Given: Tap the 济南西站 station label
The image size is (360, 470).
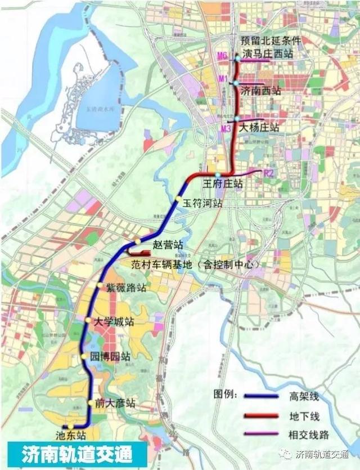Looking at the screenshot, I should (x=260, y=90).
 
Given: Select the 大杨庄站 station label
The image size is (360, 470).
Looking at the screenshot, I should (x=259, y=128).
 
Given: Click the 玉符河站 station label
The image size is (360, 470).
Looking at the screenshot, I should (x=202, y=204).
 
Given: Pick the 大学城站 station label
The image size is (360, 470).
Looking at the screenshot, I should (x=114, y=323).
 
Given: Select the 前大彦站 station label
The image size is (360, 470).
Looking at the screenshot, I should (x=115, y=403).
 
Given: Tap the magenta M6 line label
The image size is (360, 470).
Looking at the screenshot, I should (x=222, y=56).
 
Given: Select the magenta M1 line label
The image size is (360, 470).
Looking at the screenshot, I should (x=223, y=79).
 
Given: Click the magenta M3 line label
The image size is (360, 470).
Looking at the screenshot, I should (x=226, y=128).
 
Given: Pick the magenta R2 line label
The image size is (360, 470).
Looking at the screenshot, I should (x=268, y=173).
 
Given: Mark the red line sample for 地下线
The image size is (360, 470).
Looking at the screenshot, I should (x=261, y=415).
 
